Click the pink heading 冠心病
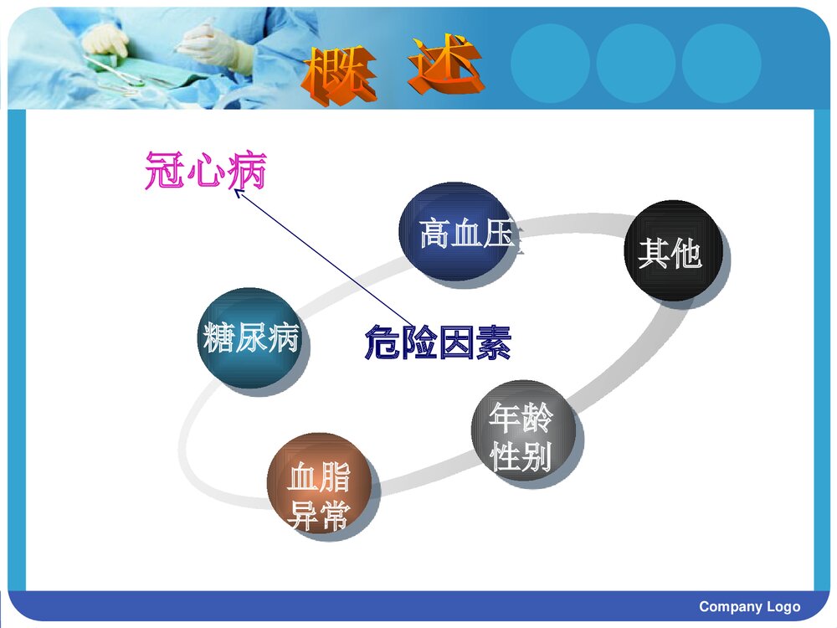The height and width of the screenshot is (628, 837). point(205,171)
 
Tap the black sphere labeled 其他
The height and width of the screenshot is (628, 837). point(673,250)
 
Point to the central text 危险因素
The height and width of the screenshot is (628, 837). point(437,342)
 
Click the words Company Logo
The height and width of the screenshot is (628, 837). point(749,606)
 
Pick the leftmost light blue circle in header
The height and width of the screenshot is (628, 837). point(550,63)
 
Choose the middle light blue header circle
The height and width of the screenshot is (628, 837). point(635,63)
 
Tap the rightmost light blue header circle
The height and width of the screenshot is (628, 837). point(721,63)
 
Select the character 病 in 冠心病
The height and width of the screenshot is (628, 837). point(246,171)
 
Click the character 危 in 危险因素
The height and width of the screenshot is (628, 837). point(382,342)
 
